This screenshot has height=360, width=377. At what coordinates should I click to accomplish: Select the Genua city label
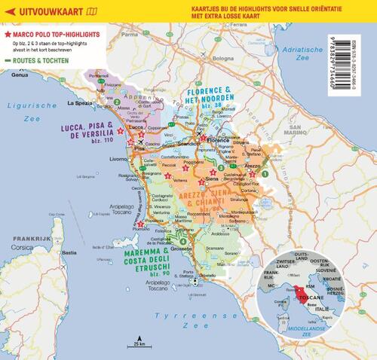19,75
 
